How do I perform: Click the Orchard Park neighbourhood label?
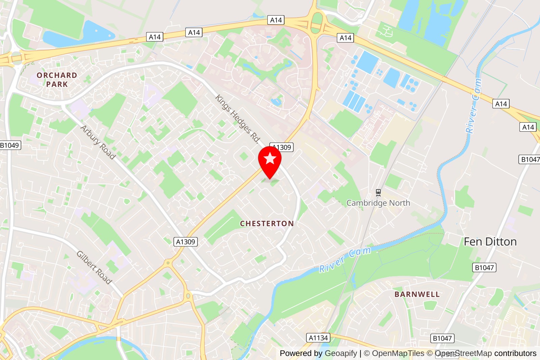(x=57, y=80)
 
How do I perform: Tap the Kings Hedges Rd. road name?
(x=238, y=119)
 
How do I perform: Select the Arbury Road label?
(x=98, y=142)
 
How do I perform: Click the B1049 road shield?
(x=10, y=145)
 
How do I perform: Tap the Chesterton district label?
(x=267, y=224)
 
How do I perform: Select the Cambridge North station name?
(x=378, y=203)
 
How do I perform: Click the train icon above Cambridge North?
(x=378, y=193)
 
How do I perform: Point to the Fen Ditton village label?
(x=490, y=242)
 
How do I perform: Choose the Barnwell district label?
(x=417, y=294)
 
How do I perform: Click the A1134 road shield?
(x=318, y=338)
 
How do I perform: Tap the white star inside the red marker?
(x=270, y=158)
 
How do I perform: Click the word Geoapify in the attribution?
(x=341, y=353)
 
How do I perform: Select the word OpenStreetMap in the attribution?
(x=463, y=353)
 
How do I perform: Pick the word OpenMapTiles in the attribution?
(x=398, y=353)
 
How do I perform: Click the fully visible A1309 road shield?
(x=186, y=242)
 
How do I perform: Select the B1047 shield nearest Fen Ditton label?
(x=484, y=267)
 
